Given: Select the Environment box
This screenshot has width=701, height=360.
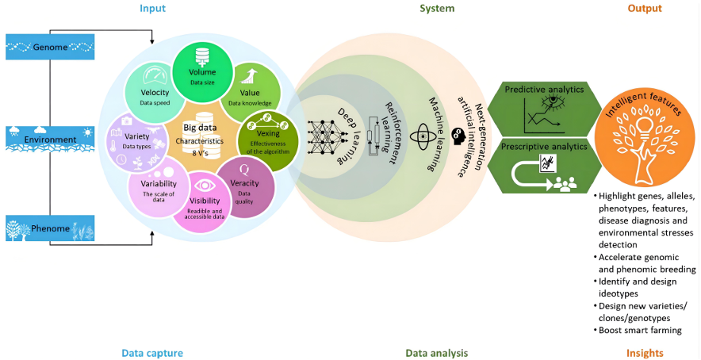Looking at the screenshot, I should coord(49,140).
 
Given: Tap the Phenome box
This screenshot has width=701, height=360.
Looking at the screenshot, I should coord(49,229).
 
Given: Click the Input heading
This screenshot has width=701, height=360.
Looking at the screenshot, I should coord(153,9).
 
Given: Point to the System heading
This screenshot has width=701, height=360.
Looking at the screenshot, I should coord(437,9).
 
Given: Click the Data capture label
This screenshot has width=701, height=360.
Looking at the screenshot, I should coord(152,353).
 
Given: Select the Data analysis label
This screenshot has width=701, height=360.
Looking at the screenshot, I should coord(436,353).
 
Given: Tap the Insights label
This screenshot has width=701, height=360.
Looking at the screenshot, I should coord(644,353).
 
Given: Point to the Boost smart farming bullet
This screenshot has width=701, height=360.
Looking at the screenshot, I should coord(641,331).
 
